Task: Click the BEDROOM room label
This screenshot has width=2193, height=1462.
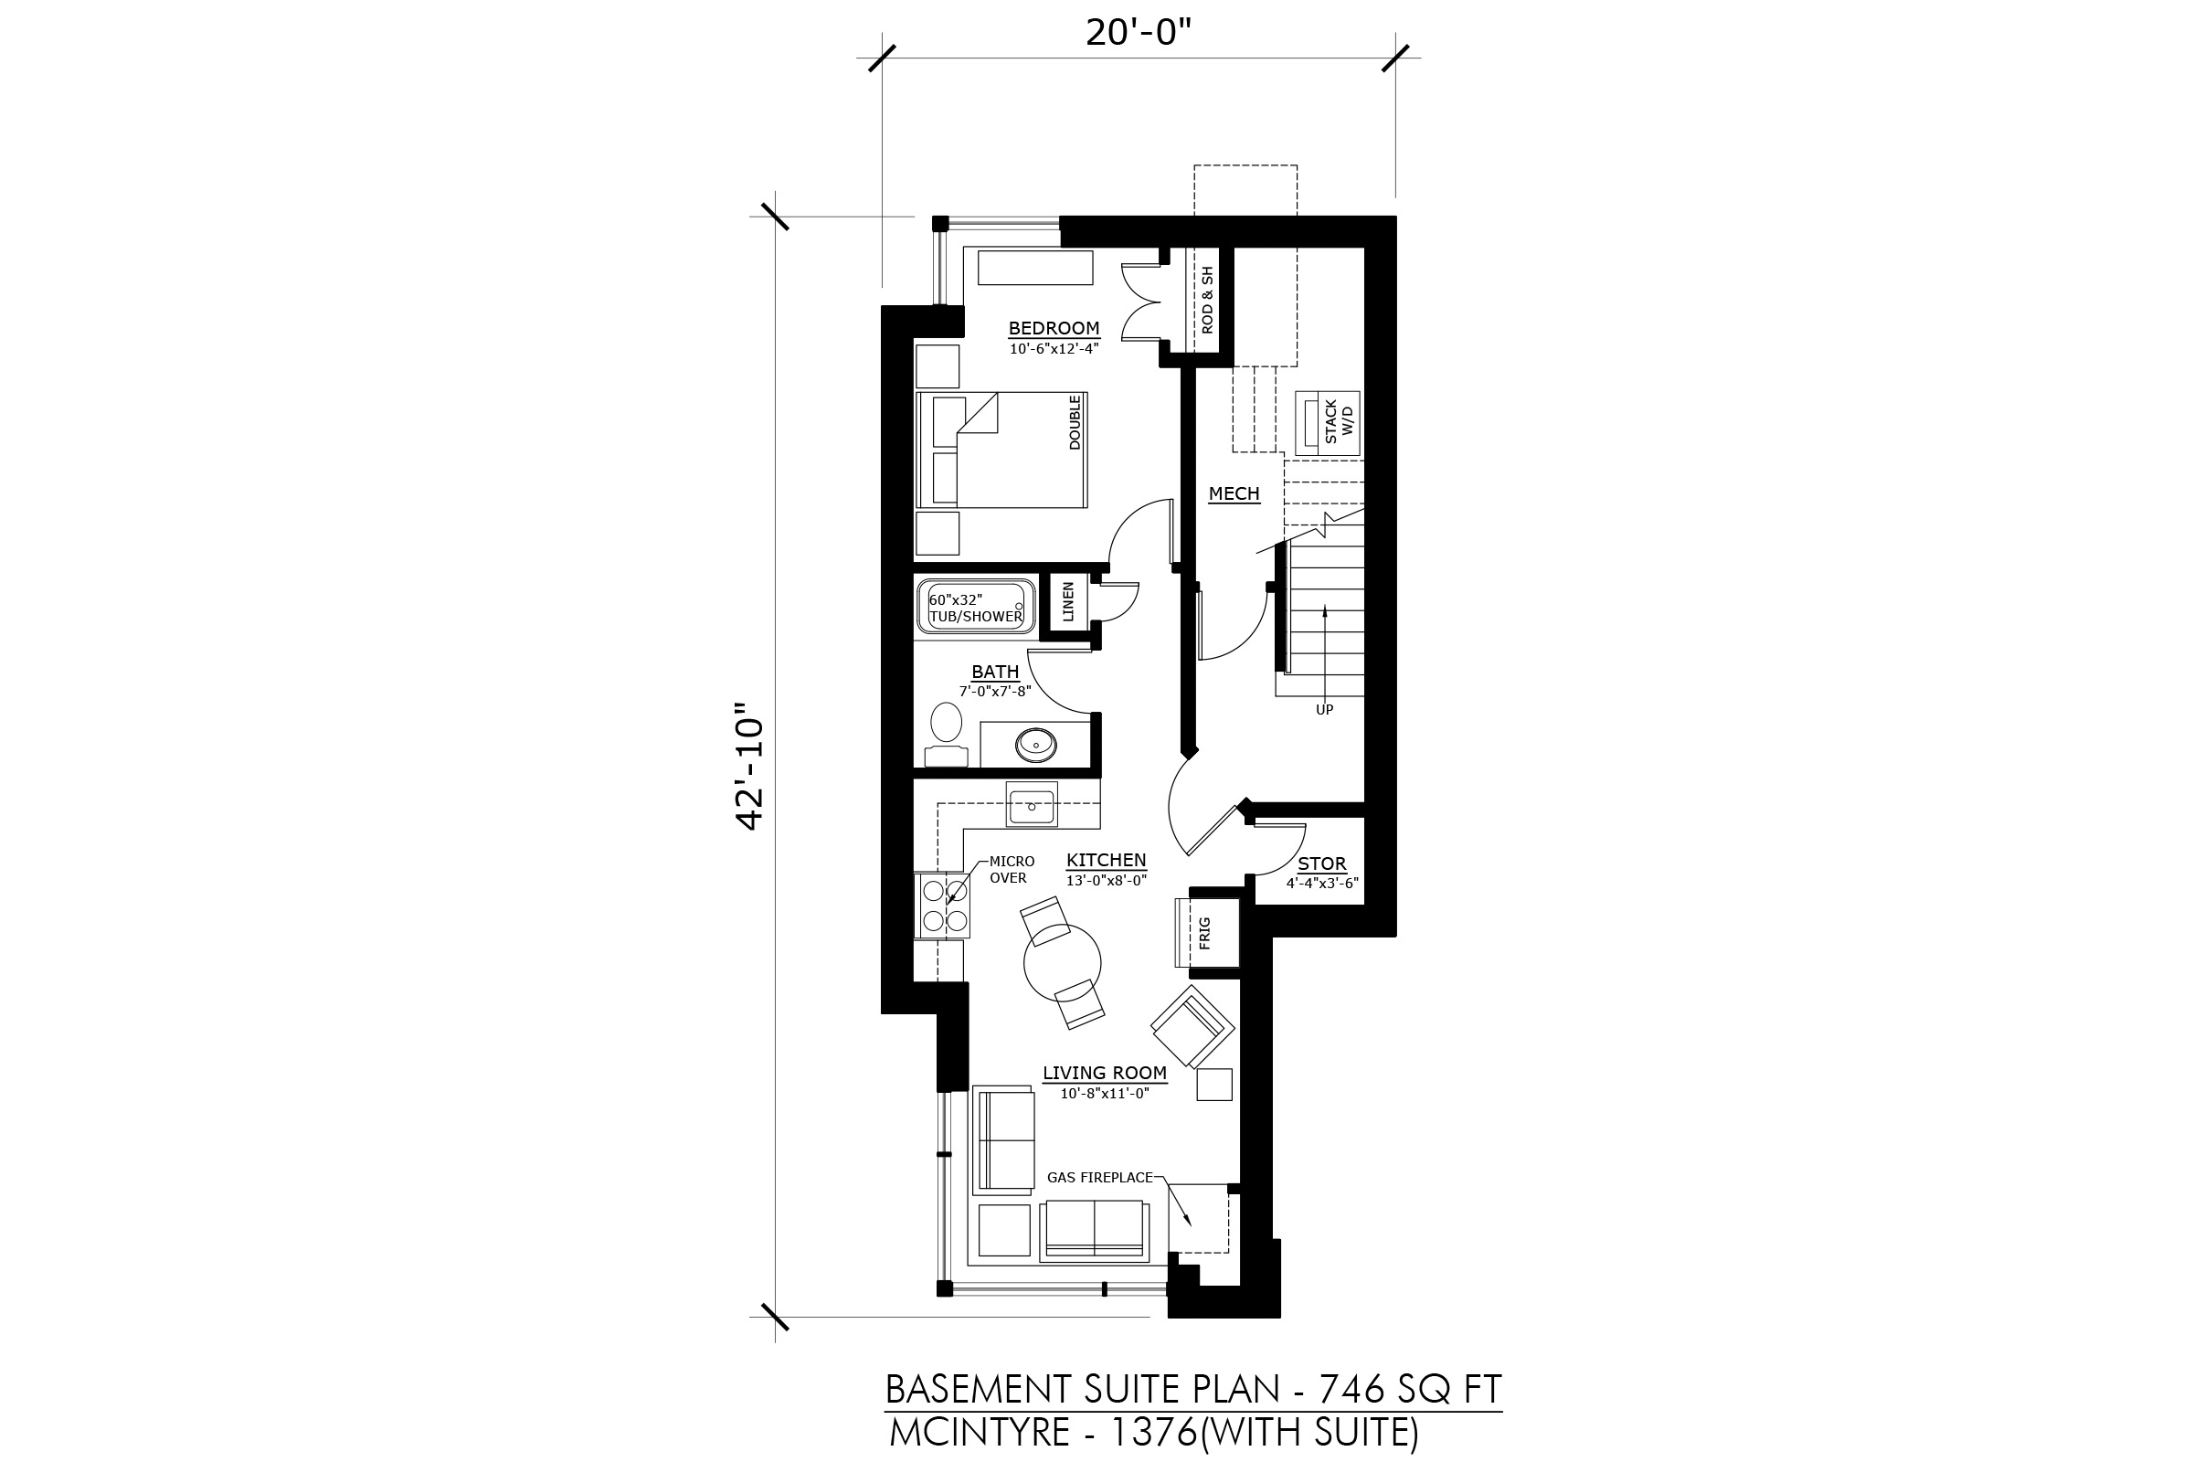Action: pos(1054,328)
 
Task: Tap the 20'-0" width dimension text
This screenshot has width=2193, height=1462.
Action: pos(1139,33)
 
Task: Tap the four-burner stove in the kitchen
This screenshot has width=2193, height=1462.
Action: pos(944,906)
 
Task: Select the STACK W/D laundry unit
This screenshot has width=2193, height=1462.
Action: pos(1328,423)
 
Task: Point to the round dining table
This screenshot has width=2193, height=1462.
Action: pos(1062,962)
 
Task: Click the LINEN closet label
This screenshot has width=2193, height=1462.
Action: pos(1068,602)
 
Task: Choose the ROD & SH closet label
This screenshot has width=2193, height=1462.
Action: pos(1207,301)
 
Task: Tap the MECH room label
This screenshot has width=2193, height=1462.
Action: pos(1234,493)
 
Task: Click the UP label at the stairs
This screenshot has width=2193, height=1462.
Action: pos(1324,710)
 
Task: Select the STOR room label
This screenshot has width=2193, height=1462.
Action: pos(1322,864)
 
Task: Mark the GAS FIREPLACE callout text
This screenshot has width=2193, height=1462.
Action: pos(1100,1178)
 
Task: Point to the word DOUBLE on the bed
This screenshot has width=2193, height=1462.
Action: pos(1075,422)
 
